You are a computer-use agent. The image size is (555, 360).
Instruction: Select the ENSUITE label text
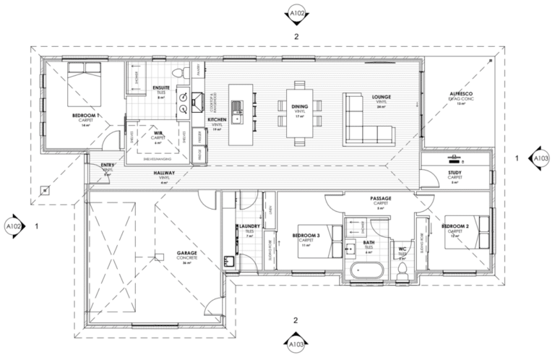pos(161,88)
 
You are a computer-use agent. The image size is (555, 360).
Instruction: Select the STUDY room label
pos(455,173)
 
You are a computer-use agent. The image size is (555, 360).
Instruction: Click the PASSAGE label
pos(380,196)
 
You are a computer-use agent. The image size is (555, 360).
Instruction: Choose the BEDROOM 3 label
pos(306,235)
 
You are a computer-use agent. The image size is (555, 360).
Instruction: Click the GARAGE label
pos(187,254)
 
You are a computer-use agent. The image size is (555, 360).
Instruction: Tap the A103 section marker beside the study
pos(540,157)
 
